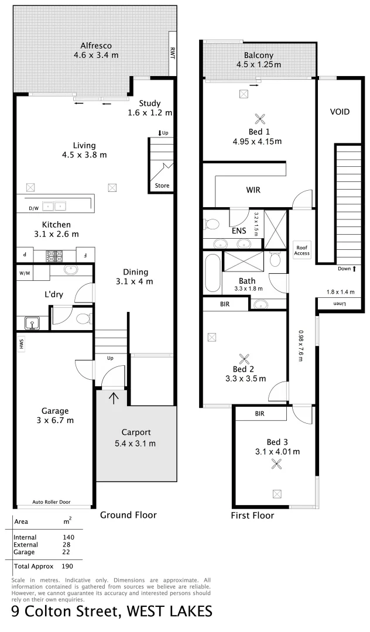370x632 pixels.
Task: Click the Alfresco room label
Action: coord(96,45)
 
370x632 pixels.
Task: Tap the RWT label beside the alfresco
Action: coord(173,54)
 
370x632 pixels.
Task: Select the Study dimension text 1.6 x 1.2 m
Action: coord(150,113)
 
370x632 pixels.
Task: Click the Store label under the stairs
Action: coord(162,186)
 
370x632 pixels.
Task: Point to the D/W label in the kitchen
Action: coord(33,208)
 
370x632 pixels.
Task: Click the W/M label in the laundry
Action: coord(25,273)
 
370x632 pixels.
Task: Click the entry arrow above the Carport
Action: coord(112,399)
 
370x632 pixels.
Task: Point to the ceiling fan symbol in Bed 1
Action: coord(258,119)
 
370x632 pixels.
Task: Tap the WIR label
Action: coord(253,190)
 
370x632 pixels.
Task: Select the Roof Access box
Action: coord(302,250)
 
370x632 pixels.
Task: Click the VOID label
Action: coord(340,111)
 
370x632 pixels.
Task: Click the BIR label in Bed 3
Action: coord(261,413)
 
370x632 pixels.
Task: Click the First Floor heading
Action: coord(252,516)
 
